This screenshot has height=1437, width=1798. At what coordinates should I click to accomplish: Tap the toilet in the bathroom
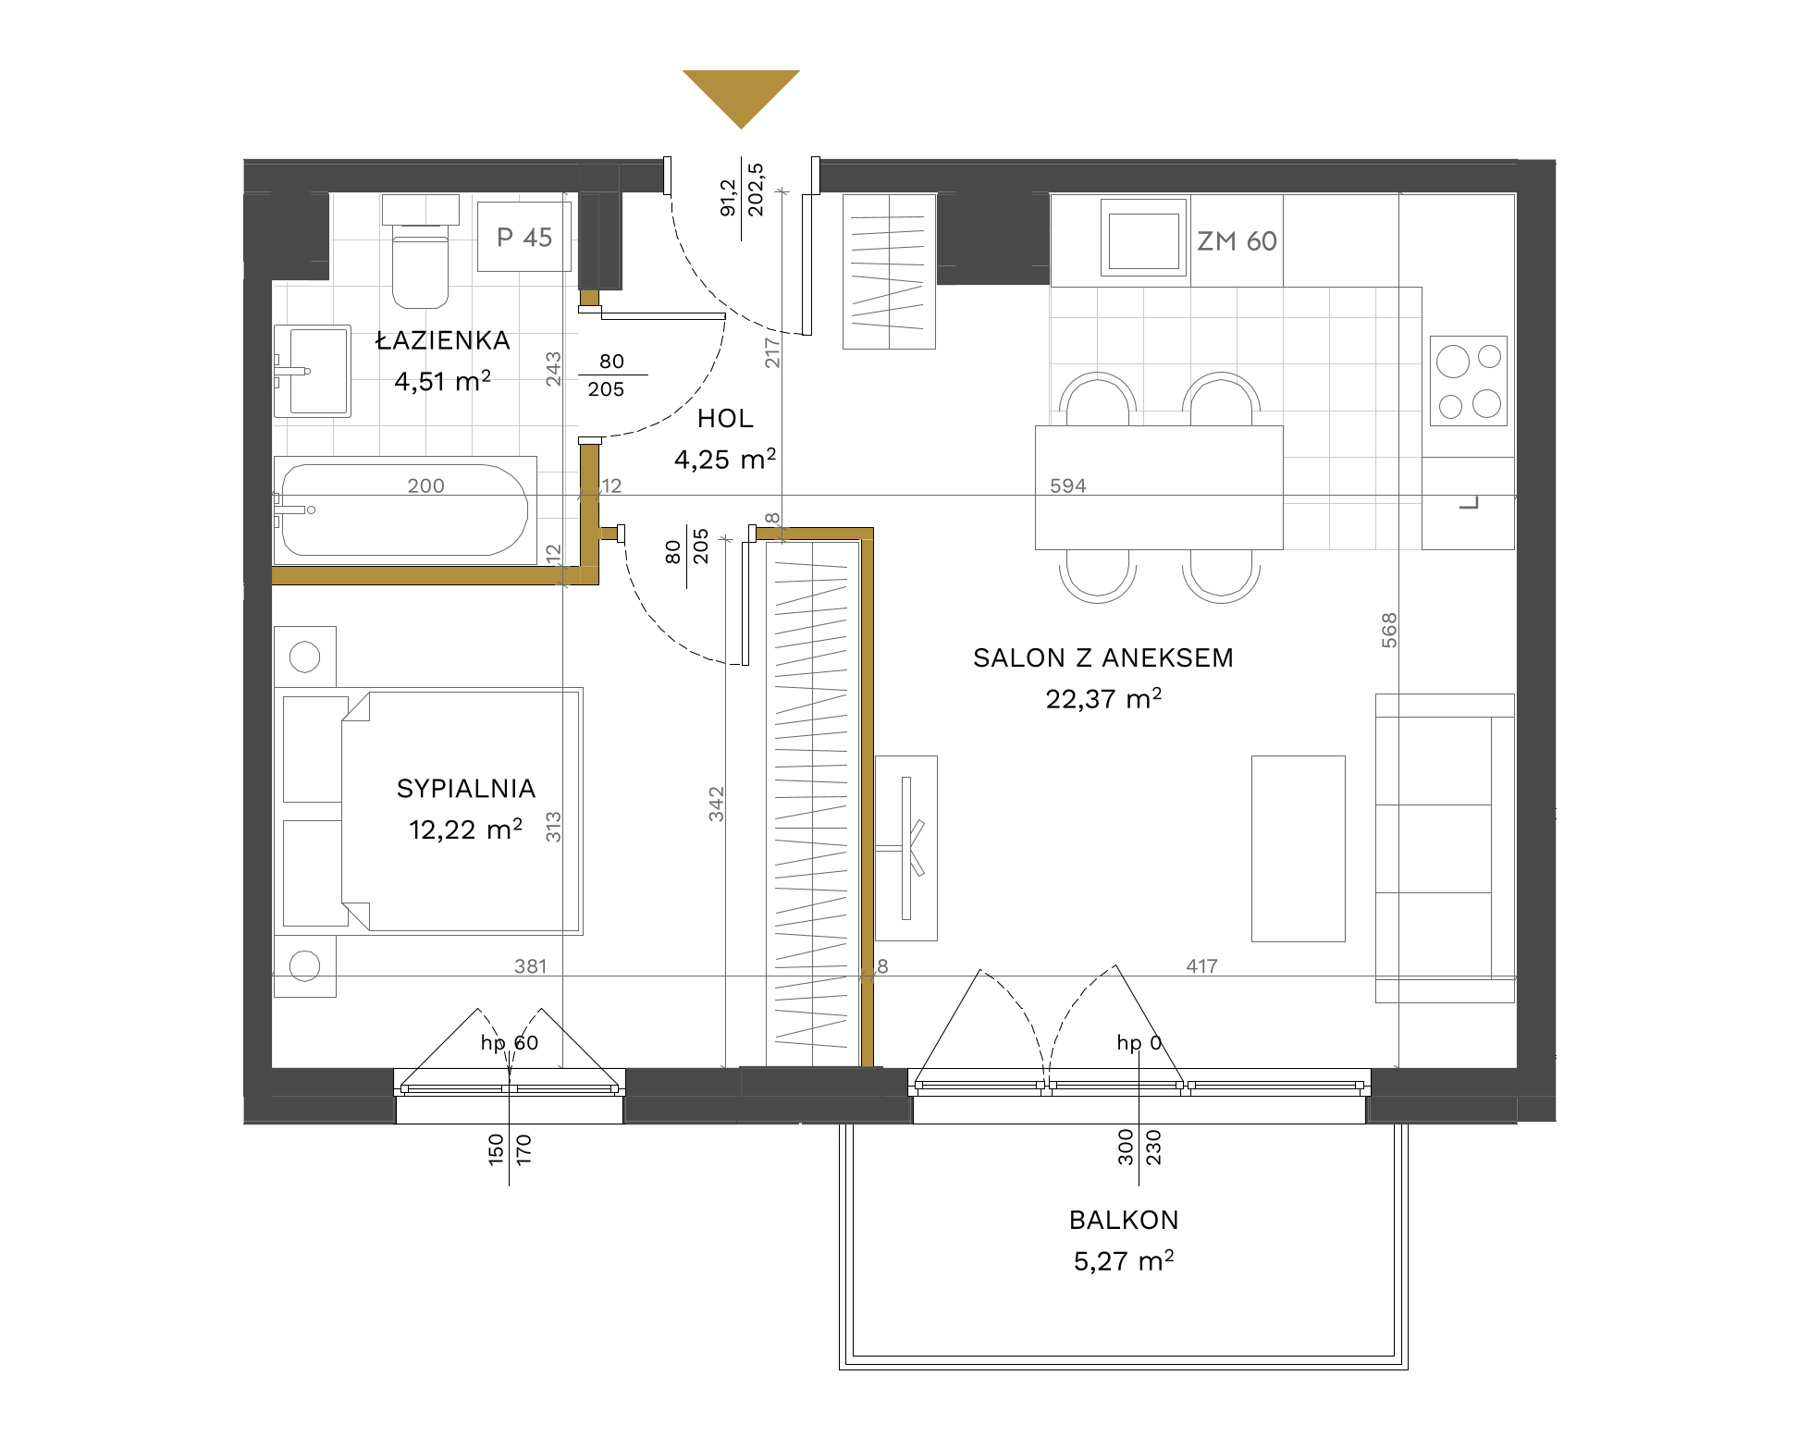421,251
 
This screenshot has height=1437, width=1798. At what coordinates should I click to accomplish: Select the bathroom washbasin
313,371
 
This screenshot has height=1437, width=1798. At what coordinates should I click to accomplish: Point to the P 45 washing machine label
524,238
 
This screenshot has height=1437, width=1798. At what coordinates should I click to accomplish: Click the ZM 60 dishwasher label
1237,241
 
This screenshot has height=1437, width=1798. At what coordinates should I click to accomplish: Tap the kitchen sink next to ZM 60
1143,238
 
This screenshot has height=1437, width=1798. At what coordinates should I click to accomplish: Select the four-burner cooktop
1469,381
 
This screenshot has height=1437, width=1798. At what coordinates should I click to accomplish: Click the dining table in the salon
1159,487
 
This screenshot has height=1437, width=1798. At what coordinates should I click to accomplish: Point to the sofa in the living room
1445,848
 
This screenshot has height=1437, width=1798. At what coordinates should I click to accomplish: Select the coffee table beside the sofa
1299,849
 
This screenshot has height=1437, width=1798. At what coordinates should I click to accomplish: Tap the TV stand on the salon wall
906,848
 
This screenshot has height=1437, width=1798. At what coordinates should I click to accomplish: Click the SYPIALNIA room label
466,789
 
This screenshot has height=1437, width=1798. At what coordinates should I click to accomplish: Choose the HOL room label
725,419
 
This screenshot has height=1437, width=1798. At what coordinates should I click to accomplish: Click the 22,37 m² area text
1103,698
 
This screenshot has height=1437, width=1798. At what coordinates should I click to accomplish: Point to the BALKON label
1124,1221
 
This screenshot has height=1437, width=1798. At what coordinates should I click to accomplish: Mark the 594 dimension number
1068,485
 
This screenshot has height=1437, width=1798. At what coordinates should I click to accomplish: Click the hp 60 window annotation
509,1043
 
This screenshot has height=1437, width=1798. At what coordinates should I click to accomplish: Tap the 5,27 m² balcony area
1124,1261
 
